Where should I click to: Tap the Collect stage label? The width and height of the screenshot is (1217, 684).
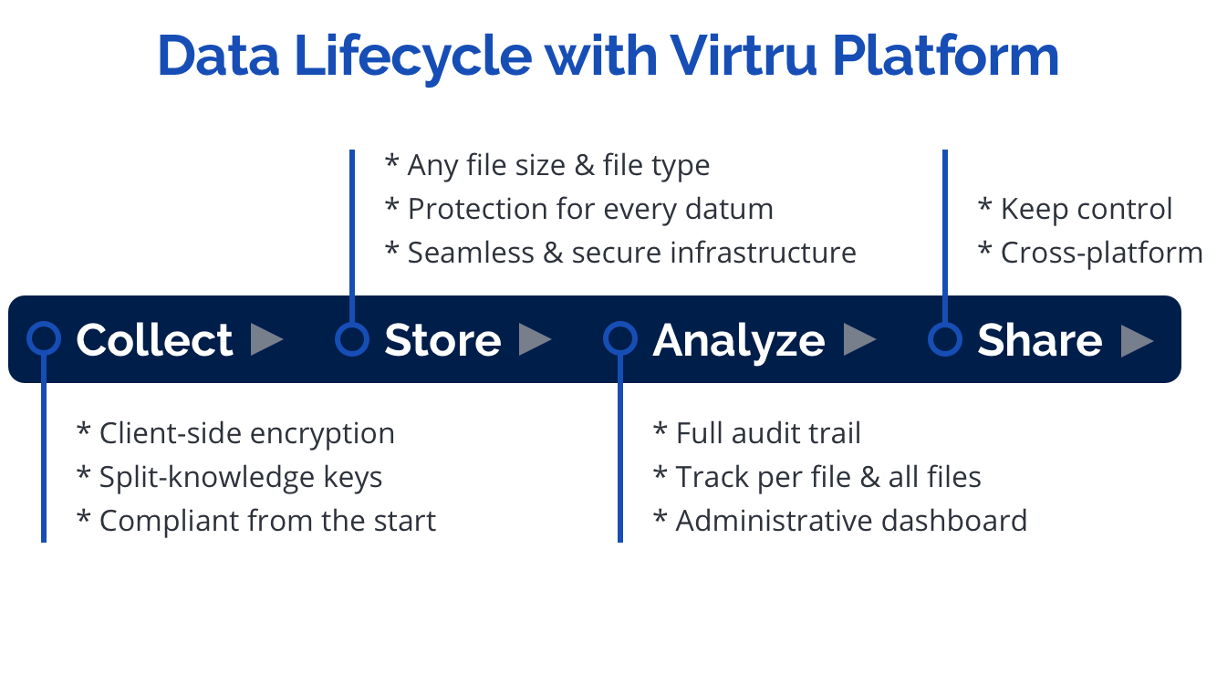154,340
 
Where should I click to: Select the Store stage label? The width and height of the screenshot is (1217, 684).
442,340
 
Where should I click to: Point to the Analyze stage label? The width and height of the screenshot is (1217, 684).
739,340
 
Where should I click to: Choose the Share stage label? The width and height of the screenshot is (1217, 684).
1039,340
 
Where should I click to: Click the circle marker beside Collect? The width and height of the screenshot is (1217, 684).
44,339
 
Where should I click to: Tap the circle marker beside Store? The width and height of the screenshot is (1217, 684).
351,339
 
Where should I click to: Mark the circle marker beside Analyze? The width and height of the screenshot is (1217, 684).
620,339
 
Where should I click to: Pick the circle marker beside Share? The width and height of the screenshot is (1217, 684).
945,339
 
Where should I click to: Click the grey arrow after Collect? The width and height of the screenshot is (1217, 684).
266,339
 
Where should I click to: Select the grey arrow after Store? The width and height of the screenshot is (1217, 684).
535,339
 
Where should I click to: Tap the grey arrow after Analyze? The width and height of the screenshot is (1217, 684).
859,339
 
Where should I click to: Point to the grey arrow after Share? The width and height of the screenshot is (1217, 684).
1137,340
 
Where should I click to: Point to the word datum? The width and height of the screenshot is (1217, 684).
730,209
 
